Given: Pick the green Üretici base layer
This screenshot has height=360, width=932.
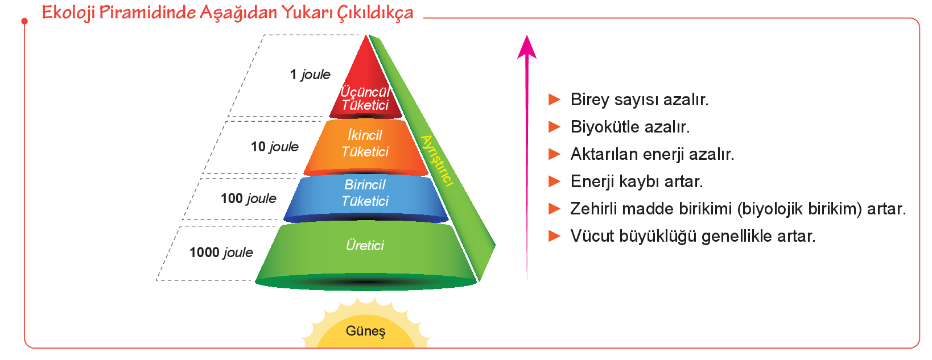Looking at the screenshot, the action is pos(366,254).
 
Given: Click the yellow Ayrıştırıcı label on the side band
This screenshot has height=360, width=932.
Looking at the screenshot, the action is pos(436,160).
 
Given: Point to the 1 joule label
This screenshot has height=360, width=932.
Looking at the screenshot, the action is pos(310,75).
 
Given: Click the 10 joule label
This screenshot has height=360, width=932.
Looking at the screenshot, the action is pos(275,146).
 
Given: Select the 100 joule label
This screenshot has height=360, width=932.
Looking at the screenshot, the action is pos(249,198).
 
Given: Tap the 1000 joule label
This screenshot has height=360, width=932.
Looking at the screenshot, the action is pos(221,253).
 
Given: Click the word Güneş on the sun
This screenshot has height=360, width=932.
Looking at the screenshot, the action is pos(366,331).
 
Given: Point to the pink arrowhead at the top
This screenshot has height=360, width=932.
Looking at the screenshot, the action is pos(527,47).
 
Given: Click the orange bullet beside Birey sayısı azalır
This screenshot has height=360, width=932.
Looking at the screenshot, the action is pos(554,100).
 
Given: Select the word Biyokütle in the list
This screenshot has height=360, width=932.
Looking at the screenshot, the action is pos(603,127).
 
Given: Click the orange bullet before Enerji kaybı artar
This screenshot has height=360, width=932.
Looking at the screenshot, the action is pos(554,181).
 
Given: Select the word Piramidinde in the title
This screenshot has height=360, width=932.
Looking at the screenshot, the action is pos(147,13).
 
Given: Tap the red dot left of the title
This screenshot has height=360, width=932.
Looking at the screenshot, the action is pos(24,21).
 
